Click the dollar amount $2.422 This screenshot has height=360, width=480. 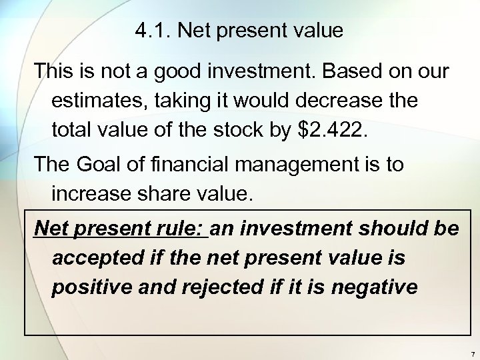click(x=330, y=131)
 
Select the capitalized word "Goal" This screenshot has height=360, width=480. click(x=103, y=165)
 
